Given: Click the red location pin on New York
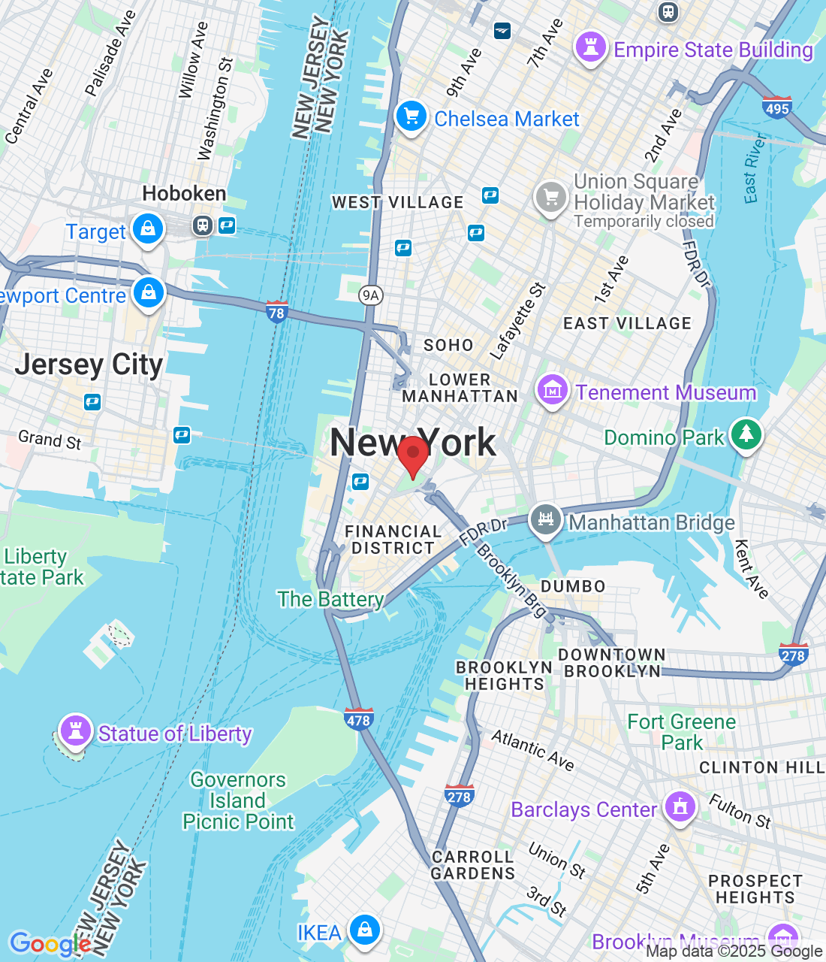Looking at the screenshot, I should (412, 455).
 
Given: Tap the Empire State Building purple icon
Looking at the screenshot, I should (590, 47).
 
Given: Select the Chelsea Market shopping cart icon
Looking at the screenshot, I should (411, 116).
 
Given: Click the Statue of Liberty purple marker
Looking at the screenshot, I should (75, 730).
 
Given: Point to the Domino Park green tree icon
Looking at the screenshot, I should (746, 434).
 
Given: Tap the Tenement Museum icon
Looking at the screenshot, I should (552, 390).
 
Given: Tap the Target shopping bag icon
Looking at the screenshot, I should (148, 228).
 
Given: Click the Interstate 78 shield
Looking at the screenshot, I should (277, 311).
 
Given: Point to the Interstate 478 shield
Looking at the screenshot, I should (358, 718).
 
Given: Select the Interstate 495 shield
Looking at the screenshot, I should (777, 107).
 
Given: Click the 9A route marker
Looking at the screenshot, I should (370, 295).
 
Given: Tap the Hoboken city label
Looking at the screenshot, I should (184, 194).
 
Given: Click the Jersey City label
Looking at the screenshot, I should (89, 365).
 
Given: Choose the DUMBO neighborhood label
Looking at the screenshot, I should (573, 587).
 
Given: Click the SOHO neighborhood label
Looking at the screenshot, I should (448, 345).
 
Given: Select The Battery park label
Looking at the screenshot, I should (330, 599).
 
